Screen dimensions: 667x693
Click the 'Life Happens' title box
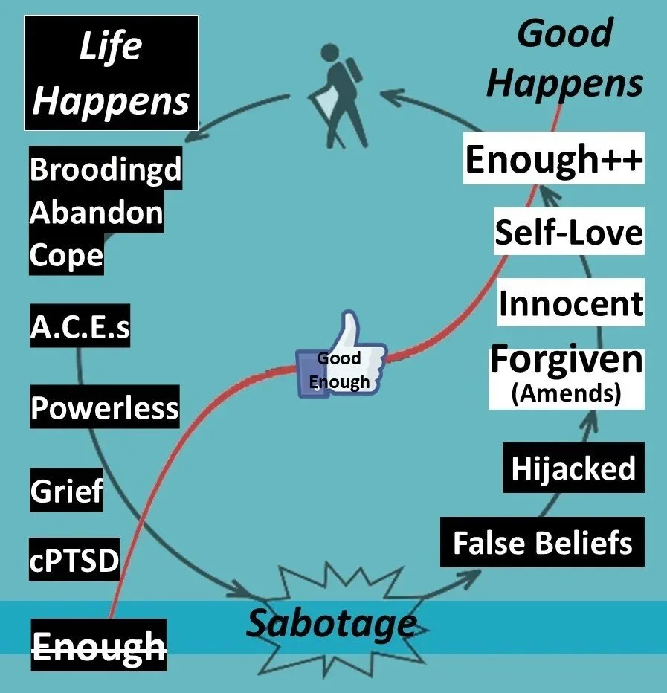click(x=112, y=72)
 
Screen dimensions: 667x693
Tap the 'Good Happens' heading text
click(x=565, y=59)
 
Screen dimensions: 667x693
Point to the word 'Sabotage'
click(x=331, y=623)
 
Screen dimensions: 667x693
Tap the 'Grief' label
click(x=66, y=491)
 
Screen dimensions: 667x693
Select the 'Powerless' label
click(x=104, y=407)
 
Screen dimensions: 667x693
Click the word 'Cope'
click(x=66, y=256)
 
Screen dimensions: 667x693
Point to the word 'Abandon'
click(x=96, y=213)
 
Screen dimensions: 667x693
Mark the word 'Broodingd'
click(x=105, y=170)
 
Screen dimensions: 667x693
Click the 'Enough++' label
click(x=554, y=160)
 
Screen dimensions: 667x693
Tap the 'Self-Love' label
click(x=569, y=233)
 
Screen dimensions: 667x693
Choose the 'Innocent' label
click(x=570, y=303)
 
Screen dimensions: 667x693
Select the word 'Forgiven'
click(x=566, y=361)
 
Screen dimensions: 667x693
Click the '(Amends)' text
click(x=566, y=393)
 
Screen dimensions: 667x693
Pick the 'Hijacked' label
click(x=573, y=468)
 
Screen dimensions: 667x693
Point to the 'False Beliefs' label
click(x=542, y=543)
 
